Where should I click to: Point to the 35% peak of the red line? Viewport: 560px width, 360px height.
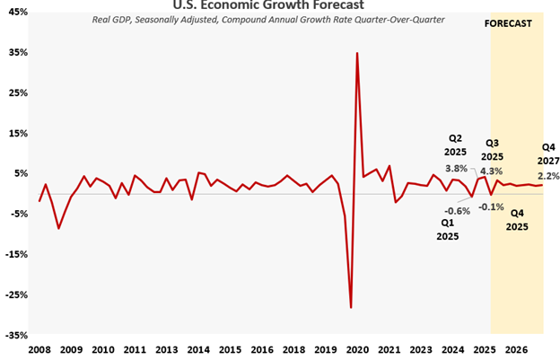tap(357, 53)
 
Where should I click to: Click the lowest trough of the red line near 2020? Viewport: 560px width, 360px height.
tap(351, 308)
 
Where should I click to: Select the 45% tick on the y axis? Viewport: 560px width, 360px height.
tap(17, 12)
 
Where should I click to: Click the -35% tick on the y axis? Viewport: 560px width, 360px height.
tap(17, 335)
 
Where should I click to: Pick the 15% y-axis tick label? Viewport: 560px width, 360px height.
tap(17, 133)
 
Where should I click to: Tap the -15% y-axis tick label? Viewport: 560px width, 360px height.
tap(17, 254)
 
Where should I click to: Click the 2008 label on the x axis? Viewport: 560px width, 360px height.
tap(39, 349)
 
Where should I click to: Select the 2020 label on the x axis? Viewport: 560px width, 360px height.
tap(357, 349)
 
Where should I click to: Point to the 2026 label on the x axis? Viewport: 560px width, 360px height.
tap(516, 349)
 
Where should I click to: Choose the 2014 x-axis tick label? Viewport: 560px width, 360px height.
tap(198, 349)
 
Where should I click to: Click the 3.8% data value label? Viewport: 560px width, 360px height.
tap(456, 168)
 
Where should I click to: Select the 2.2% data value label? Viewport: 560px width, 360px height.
tap(547, 175)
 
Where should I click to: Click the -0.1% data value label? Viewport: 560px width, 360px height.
tap(492, 206)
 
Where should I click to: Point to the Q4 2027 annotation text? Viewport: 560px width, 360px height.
tap(547, 154)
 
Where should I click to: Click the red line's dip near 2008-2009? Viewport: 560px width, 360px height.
tap(59, 228)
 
